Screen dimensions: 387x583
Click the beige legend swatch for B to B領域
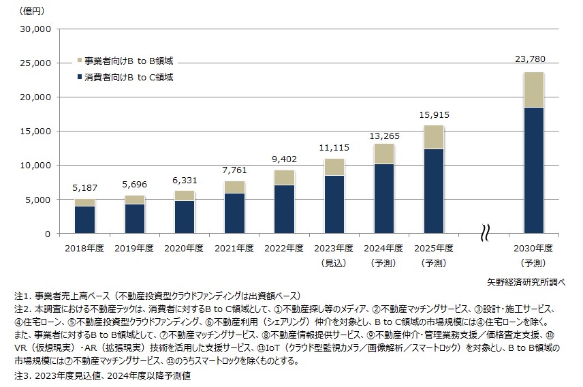coord(80,61)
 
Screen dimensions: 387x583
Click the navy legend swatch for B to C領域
coord(80,77)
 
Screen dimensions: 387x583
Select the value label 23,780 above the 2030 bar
coord(533,60)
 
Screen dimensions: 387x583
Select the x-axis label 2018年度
coord(85,248)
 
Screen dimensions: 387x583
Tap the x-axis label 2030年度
coord(533,248)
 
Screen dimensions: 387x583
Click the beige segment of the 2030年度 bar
coord(533,89)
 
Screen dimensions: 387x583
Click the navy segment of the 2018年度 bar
coord(85,219)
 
